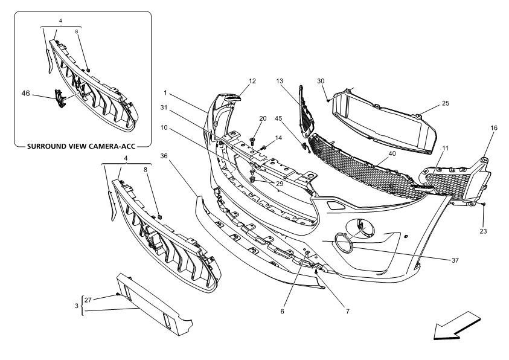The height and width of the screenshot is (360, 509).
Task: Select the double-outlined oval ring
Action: click(344, 242)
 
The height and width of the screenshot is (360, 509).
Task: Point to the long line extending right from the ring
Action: click(402, 254)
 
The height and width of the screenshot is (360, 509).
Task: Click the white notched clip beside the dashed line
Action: click(260, 156)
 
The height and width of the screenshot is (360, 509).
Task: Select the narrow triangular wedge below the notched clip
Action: click(263, 178)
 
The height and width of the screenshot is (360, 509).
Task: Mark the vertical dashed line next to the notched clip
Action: click(252, 161)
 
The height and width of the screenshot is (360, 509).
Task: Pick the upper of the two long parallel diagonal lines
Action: click(208, 131)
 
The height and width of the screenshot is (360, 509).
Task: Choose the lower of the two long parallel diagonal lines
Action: click(201, 146)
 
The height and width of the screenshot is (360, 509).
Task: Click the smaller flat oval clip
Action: click(232, 98)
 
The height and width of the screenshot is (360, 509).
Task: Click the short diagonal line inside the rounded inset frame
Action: click(72, 96)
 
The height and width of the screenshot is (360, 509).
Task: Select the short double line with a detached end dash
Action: click(341, 94)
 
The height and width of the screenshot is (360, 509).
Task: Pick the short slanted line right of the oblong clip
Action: click(466, 200)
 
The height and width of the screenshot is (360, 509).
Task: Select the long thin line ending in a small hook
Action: click(294, 281)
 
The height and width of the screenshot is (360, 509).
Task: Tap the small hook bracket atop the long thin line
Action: click(310, 257)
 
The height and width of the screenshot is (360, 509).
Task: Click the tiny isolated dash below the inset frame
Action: click(125, 296)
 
